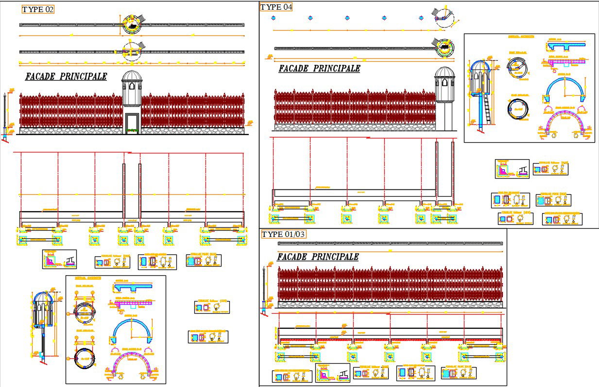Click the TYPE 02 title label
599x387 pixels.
point(37,10)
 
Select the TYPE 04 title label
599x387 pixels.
point(276,7)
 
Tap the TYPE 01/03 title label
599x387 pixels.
point(284,235)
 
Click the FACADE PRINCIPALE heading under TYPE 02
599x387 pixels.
point(66,77)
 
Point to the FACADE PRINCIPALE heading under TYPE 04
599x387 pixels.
point(319,68)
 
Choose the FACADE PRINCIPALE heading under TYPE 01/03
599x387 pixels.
point(318,257)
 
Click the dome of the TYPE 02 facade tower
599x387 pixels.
point(131,76)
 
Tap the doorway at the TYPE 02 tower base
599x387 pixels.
point(132,123)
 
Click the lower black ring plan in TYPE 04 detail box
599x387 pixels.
point(517,109)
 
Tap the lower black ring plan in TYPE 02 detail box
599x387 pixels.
point(85,358)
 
